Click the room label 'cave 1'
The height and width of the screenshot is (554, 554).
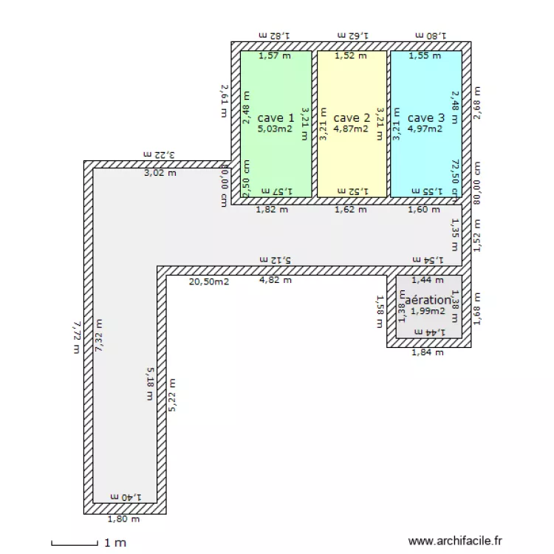(x=276, y=117)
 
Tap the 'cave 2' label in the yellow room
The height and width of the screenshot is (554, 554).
(x=352, y=117)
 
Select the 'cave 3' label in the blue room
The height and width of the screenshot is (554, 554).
(x=426, y=117)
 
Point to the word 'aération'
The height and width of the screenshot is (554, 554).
(x=428, y=300)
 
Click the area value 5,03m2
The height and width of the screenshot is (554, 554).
(x=275, y=129)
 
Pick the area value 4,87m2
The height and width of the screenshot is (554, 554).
(x=351, y=129)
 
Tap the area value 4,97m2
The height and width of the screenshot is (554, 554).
(x=425, y=129)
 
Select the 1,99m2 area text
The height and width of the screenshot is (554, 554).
(x=428, y=311)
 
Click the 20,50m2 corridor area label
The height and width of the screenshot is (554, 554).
(x=209, y=281)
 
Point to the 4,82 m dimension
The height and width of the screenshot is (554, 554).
(x=275, y=280)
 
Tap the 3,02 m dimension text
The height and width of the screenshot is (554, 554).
(x=160, y=174)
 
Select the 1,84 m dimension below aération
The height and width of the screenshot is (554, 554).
(x=428, y=352)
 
